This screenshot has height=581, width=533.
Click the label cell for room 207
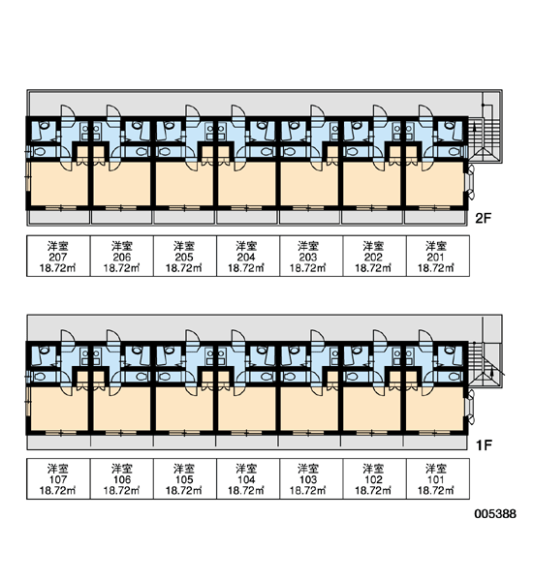(58, 256)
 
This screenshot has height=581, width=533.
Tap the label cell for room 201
(438, 256)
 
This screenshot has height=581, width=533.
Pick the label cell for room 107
(58, 478)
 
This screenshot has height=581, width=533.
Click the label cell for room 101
(438, 478)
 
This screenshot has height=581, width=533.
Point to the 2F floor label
(484, 218)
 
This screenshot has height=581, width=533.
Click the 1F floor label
(484, 444)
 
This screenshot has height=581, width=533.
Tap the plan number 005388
(495, 514)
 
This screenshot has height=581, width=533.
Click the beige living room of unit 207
(58, 183)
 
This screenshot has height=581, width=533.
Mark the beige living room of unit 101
(435, 409)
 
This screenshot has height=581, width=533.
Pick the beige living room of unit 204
(247, 183)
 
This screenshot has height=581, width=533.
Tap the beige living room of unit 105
(184, 409)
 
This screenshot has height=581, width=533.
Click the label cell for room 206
(122, 256)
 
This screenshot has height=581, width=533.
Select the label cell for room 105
(185, 478)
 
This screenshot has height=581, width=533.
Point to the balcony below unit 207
(59, 218)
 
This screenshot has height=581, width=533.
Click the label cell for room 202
(375, 256)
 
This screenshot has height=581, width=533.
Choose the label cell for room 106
(122, 478)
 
